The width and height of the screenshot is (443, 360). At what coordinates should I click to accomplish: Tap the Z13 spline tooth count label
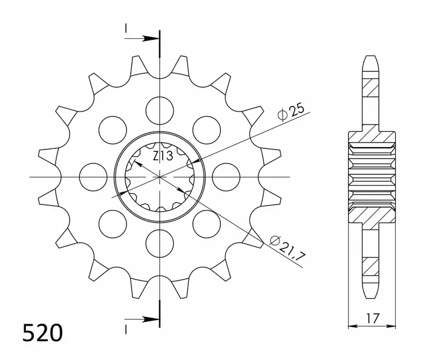pos(162,156)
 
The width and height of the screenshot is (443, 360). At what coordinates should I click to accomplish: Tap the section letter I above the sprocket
pos(126,28)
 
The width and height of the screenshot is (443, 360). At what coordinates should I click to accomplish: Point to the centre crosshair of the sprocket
pos(160,176)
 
